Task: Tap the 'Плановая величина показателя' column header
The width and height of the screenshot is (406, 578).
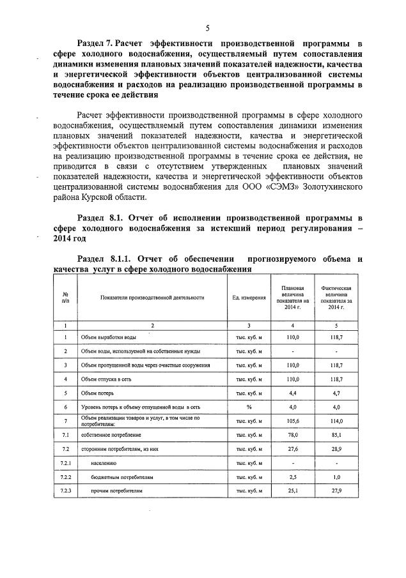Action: click(x=292, y=298)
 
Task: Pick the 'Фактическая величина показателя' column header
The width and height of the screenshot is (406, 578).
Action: click(x=336, y=298)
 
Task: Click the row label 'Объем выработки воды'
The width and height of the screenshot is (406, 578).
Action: click(x=109, y=337)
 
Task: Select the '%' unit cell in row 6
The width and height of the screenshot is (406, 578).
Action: click(x=248, y=406)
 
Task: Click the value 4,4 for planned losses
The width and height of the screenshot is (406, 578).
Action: click(x=292, y=393)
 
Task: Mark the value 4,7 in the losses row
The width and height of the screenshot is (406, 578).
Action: click(x=336, y=393)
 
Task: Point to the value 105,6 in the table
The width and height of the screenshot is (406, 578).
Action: click(x=292, y=421)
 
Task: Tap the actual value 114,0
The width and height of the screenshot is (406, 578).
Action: click(x=336, y=421)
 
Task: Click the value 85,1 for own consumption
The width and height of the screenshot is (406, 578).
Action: click(x=336, y=435)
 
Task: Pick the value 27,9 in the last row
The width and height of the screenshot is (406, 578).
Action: click(x=336, y=491)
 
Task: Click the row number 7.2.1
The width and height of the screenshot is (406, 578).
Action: click(x=66, y=462)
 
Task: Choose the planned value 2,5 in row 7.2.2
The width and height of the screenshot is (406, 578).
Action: click(x=292, y=476)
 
